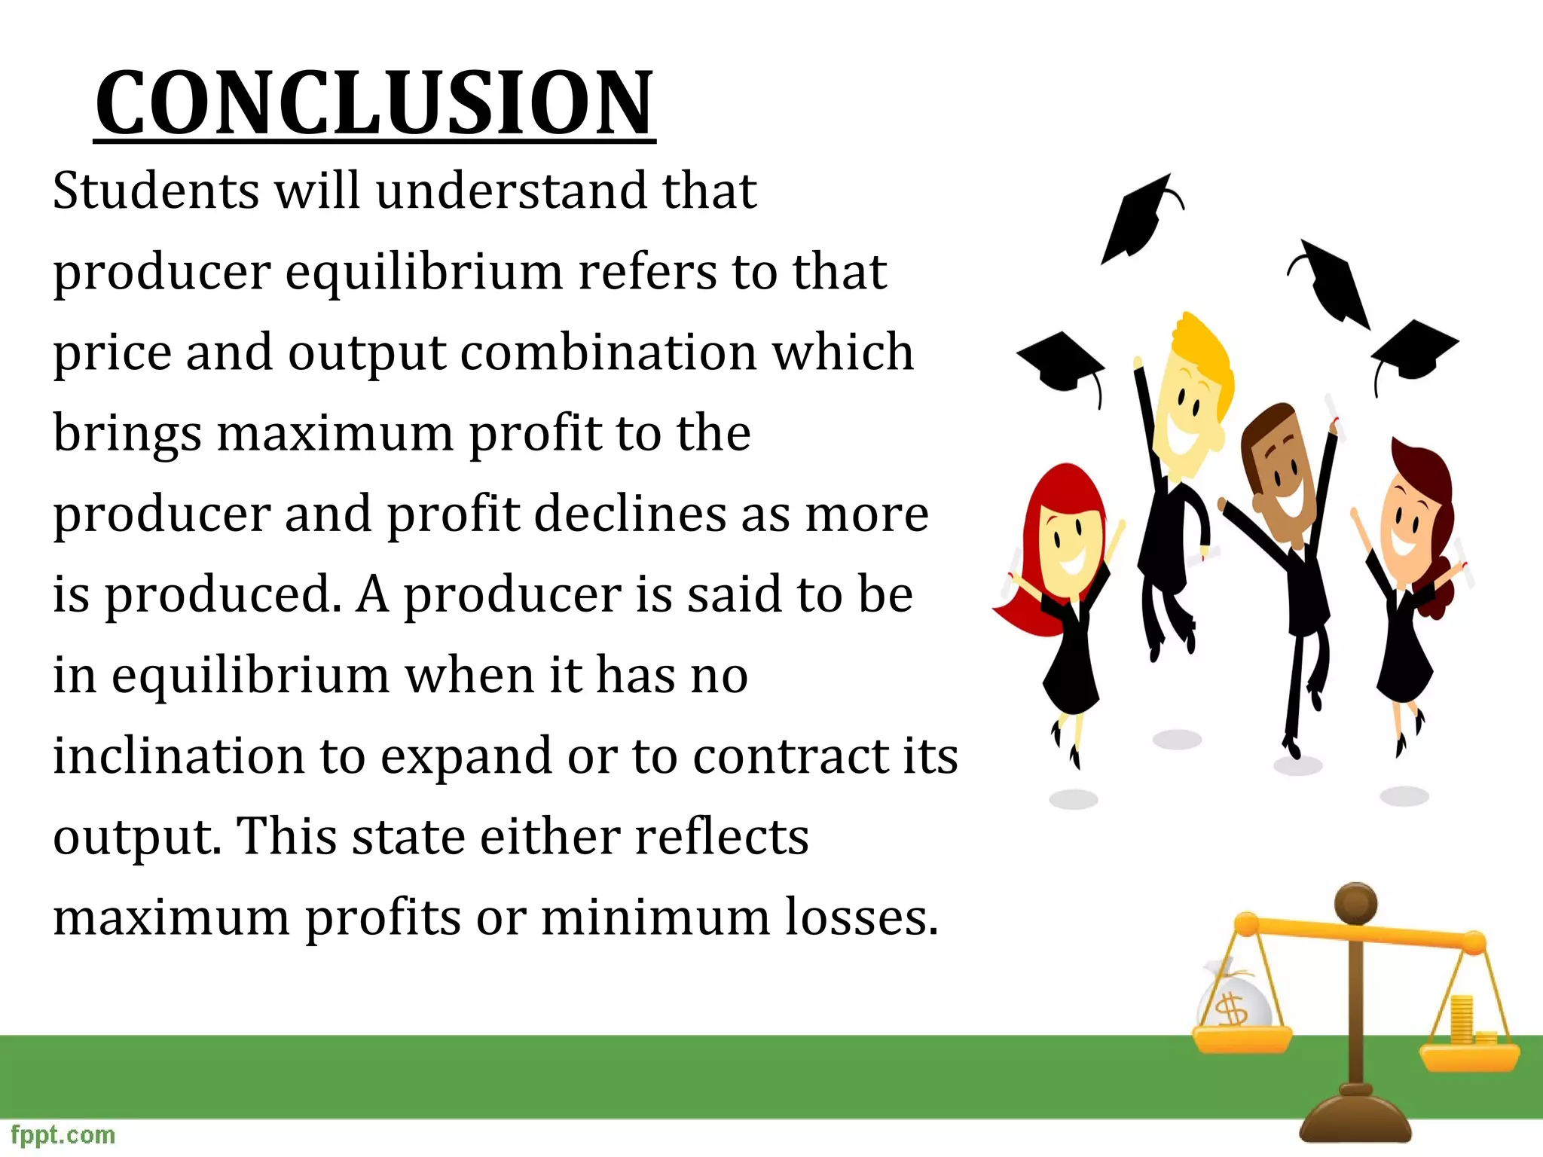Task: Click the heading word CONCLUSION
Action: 374,103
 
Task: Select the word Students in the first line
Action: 156,191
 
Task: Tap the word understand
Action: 511,191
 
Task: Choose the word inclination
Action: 179,756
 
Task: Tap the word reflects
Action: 721,836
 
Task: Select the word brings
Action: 127,435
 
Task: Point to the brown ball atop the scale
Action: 1355,903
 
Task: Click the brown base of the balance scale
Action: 1355,1122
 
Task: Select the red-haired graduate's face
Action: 1068,548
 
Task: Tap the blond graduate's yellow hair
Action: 1205,354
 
